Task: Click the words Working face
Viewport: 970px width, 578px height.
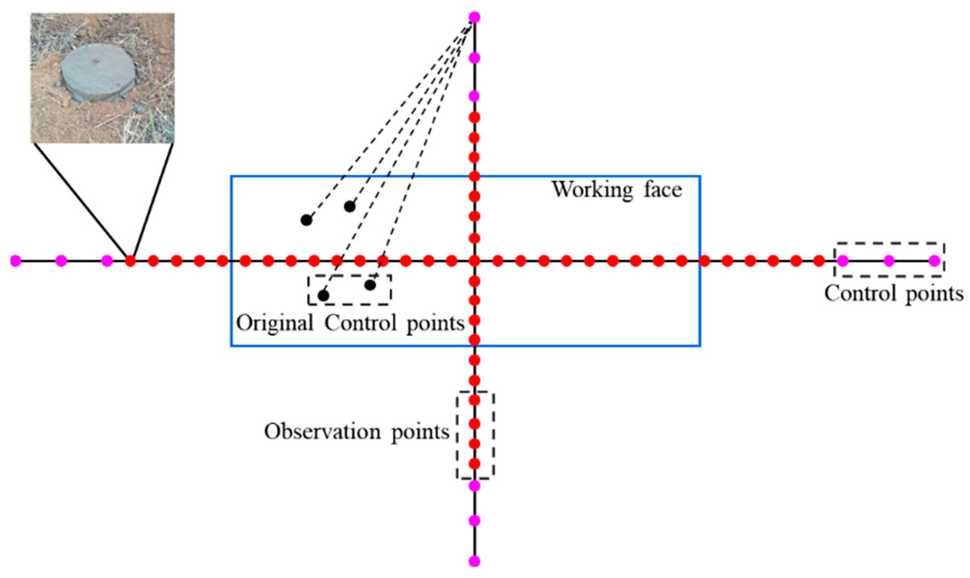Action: point(616,190)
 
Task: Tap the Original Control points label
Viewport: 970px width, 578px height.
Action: point(350,324)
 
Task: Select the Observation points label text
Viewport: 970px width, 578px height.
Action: point(357,432)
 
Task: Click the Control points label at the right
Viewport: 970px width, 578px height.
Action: point(894,294)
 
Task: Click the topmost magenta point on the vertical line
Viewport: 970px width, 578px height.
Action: point(474,17)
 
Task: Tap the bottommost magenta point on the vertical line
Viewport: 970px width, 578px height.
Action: point(474,561)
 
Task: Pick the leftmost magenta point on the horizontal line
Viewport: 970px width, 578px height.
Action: point(16,261)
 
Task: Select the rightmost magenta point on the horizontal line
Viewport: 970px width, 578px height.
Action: point(934,261)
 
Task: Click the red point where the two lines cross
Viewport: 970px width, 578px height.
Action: point(474,261)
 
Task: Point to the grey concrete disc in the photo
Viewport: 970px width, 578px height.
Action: point(99,71)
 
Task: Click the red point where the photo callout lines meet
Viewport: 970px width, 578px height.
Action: point(131,261)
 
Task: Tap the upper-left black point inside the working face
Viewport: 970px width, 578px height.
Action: point(307,220)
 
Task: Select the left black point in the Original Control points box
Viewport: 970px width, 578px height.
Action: point(323,295)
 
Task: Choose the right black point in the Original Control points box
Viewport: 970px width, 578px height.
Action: point(370,285)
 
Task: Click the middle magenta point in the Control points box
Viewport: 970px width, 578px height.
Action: point(889,261)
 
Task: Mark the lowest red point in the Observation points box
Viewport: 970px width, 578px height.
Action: point(474,464)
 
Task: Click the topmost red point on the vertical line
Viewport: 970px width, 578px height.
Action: point(474,118)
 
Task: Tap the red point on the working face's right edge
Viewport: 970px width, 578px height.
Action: point(704,261)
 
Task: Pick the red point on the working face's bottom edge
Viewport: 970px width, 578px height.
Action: point(474,339)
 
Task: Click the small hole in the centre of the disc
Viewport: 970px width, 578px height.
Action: point(97,61)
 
